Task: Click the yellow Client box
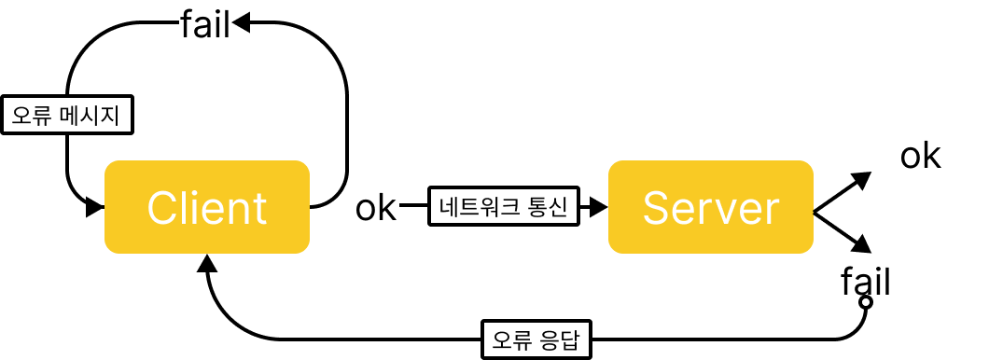coord(206,207)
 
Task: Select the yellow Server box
coord(710,207)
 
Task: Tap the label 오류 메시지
coord(66,116)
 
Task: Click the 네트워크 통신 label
coord(503,205)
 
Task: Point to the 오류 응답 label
coord(536,339)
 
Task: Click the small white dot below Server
coord(866,302)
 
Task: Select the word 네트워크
coord(481,205)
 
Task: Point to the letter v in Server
coord(728,211)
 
